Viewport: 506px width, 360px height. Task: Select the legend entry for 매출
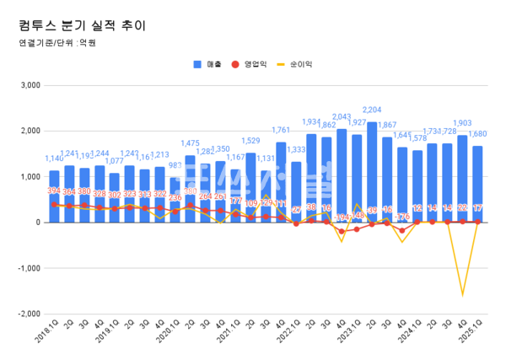[x=207, y=64]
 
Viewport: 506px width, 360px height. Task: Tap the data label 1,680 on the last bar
[x=479, y=134]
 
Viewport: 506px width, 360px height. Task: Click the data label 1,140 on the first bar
[x=53, y=159]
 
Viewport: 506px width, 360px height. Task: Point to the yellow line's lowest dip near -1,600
[x=463, y=295]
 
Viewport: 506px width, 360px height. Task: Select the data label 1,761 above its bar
[x=282, y=131]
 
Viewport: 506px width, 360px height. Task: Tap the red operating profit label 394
[x=53, y=191]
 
